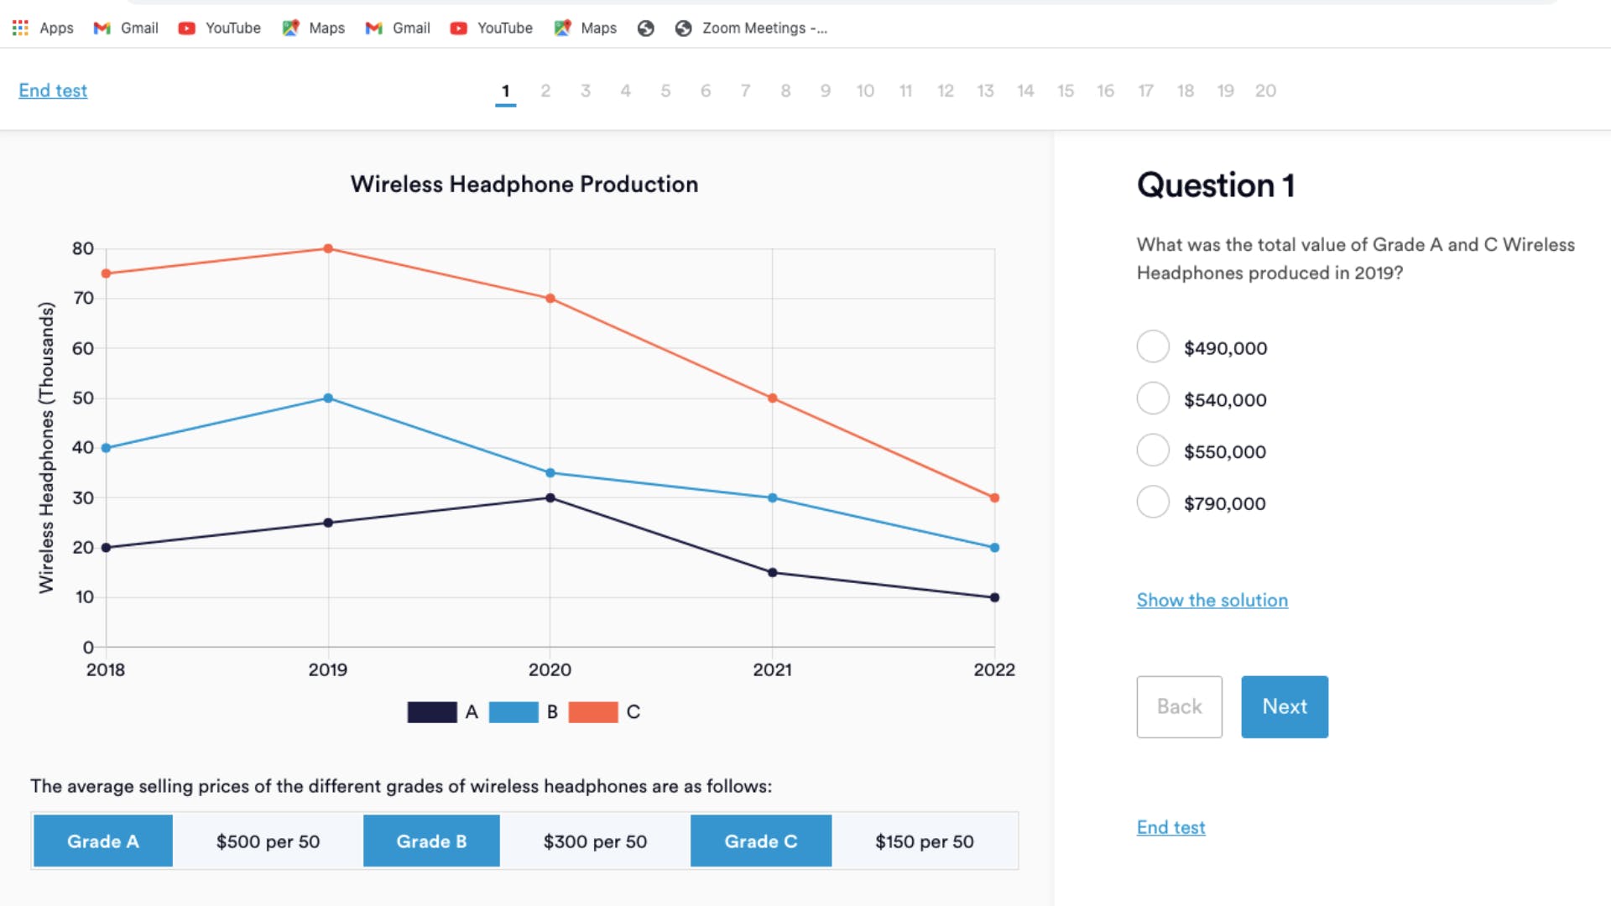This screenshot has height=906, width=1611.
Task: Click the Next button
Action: click(1285, 706)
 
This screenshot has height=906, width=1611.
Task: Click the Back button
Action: click(1179, 706)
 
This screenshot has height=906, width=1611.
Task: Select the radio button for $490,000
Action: click(1153, 346)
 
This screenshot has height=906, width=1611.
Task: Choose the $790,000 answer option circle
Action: click(1153, 502)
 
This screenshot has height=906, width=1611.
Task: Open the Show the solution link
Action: click(1212, 600)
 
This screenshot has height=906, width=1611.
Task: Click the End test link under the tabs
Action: click(53, 91)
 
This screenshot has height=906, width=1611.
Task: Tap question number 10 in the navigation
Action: click(865, 91)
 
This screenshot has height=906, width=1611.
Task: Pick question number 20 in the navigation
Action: click(1265, 91)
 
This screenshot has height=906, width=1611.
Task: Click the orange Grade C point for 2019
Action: click(328, 248)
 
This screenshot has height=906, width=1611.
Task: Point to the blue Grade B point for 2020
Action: click(550, 473)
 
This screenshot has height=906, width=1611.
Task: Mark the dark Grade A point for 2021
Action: click(773, 573)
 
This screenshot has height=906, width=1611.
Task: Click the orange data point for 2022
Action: click(994, 498)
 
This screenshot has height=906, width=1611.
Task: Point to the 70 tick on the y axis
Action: click(83, 298)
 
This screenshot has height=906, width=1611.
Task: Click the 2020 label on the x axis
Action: click(550, 669)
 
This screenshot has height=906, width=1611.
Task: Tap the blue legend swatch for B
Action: click(514, 712)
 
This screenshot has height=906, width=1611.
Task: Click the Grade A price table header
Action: click(103, 841)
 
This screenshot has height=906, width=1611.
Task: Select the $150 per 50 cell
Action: click(925, 841)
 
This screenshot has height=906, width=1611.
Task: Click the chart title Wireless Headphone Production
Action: click(524, 185)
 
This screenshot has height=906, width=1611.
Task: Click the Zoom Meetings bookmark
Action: click(751, 28)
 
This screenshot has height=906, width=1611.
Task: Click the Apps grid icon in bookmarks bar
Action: click(20, 28)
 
